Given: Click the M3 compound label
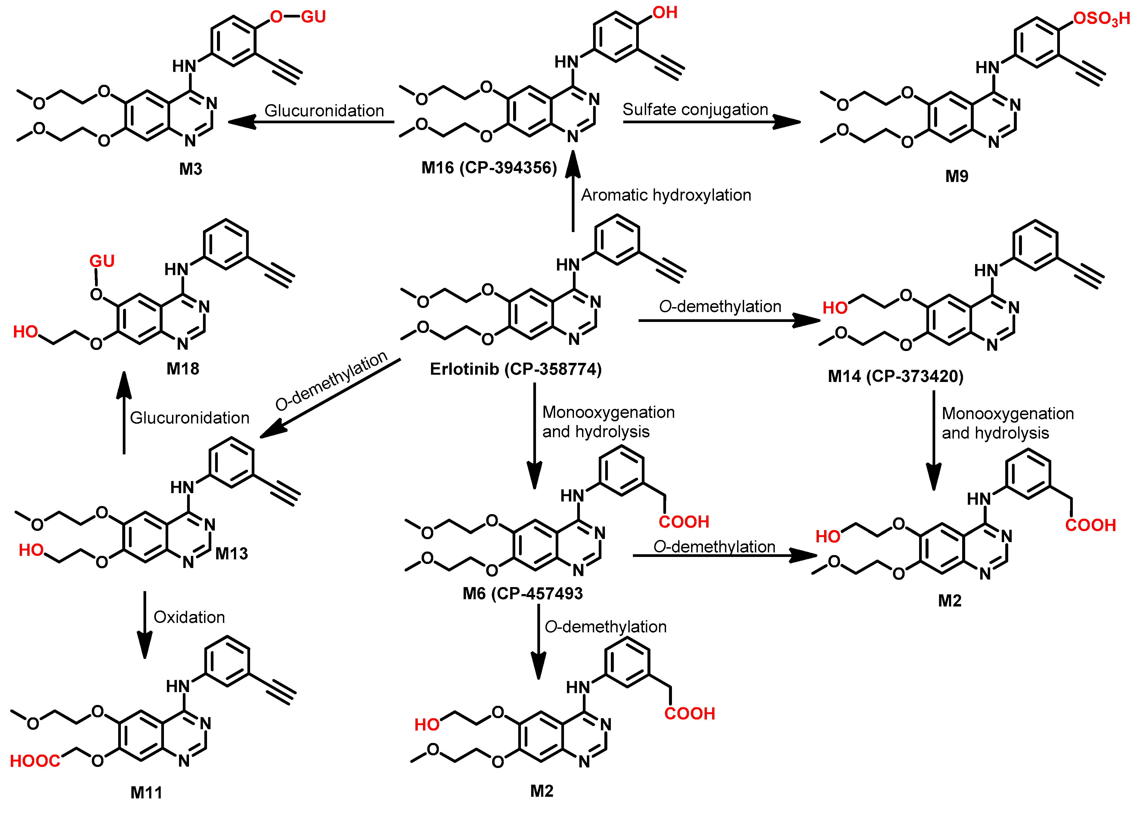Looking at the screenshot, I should point(191,169).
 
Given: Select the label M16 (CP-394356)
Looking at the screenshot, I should point(489,167).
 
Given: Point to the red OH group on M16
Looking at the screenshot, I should point(665,13).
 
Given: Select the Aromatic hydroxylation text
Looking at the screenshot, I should point(666,195).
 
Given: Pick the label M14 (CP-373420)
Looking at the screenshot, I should point(895,376).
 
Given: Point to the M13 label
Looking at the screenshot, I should point(232,553).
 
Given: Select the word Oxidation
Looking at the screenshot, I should point(189,617).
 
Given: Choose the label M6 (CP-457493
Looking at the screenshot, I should point(522,594).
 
